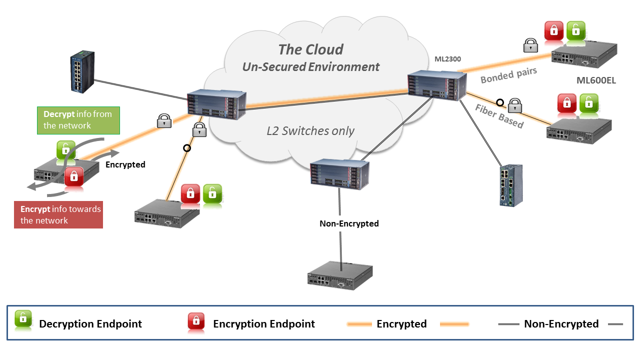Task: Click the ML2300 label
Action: pyautogui.click(x=447, y=59)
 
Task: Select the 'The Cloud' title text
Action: pyautogui.click(x=310, y=49)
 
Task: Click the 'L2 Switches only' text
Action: pyautogui.click(x=310, y=131)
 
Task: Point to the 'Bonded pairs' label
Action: pyautogui.click(x=508, y=75)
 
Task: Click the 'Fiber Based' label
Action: pyautogui.click(x=499, y=116)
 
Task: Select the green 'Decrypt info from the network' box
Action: pyautogui.click(x=78, y=120)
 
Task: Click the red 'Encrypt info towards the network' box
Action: pyautogui.click(x=58, y=215)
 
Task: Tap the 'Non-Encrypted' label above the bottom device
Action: pyautogui.click(x=349, y=223)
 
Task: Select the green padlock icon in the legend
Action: pyautogui.click(x=23, y=320)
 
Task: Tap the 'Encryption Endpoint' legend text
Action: pyautogui.click(x=264, y=324)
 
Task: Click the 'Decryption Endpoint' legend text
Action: pyautogui.click(x=90, y=324)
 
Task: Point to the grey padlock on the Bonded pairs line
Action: pyautogui.click(x=530, y=45)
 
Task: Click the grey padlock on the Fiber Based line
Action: pyautogui.click(x=514, y=105)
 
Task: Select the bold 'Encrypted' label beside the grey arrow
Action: pyautogui.click(x=125, y=164)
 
